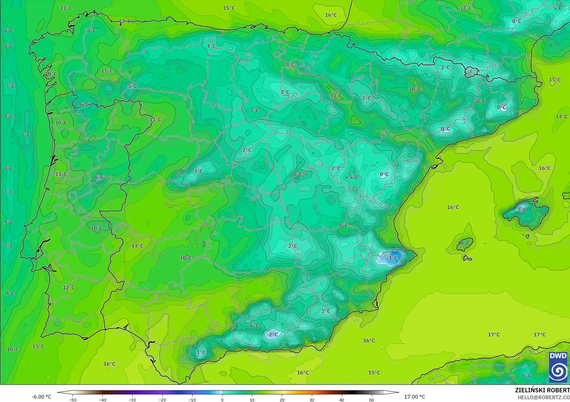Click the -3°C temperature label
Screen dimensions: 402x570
pos(392,258)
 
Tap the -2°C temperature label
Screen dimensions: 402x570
pos(272,335)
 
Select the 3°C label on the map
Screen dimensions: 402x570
pos(199,171)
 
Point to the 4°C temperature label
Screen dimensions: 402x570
pos(211,46)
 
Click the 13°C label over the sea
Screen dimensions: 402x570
pos(38,346)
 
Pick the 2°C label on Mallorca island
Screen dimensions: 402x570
pos(522,210)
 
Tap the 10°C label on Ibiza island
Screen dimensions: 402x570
pos(464,243)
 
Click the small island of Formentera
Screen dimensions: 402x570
pos(467,258)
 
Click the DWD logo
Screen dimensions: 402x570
pos(558,367)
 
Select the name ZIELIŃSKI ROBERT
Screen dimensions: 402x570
pos(542,390)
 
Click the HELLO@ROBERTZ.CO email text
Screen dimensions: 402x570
pos(544,397)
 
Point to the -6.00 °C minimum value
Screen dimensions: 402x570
pos(42,397)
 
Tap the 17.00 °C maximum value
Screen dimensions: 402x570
pos(415,397)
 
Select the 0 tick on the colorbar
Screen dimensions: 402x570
pos(222,400)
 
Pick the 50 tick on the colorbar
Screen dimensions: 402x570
pos(371,400)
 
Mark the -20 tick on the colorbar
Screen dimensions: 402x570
pos(162,400)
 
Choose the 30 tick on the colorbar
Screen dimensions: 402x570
pos(312,400)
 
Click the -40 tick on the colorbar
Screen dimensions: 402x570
pos(102,400)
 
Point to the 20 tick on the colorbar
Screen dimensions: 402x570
pos(282,400)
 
